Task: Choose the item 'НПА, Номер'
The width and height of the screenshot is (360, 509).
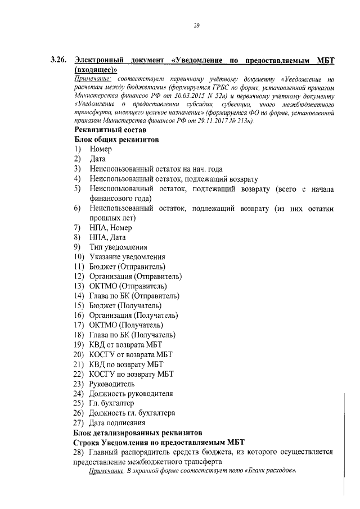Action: (110, 228)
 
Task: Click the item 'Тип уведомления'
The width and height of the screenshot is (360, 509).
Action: (118, 247)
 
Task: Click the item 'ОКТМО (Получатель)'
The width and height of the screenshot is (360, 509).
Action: (126, 325)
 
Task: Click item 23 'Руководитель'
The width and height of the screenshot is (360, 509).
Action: (112, 384)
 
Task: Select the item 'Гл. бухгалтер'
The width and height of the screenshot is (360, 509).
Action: (112, 403)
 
